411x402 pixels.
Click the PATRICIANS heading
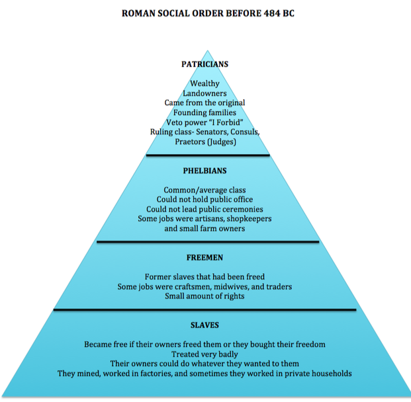tap(205, 64)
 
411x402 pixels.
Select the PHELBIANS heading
tap(205, 171)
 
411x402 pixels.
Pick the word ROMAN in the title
tap(140, 13)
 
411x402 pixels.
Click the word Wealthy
tap(205, 84)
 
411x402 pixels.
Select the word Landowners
tap(205, 93)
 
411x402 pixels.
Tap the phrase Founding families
tap(205, 112)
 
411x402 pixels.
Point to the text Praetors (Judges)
tap(205, 141)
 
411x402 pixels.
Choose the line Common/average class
tap(205, 190)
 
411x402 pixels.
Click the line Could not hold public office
tap(205, 200)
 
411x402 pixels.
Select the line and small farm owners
tap(205, 229)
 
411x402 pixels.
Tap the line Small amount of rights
tap(205, 296)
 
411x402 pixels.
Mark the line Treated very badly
tap(205, 354)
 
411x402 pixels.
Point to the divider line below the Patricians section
tap(208, 155)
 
